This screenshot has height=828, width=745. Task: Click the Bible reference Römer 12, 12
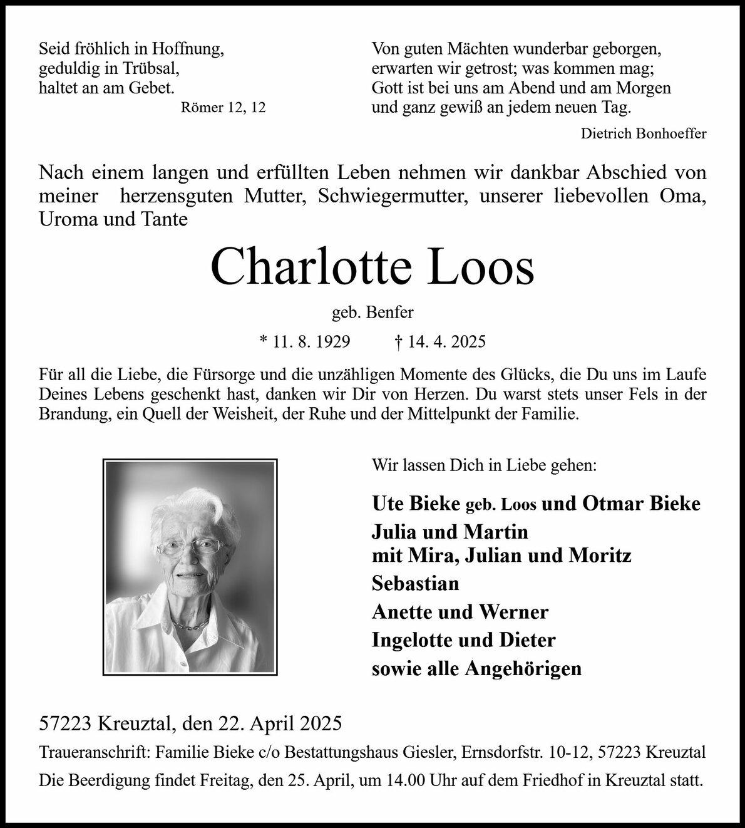coord(223,108)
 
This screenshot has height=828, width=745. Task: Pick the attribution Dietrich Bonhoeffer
coord(644,133)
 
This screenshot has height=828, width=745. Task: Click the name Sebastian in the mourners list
coord(415,583)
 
